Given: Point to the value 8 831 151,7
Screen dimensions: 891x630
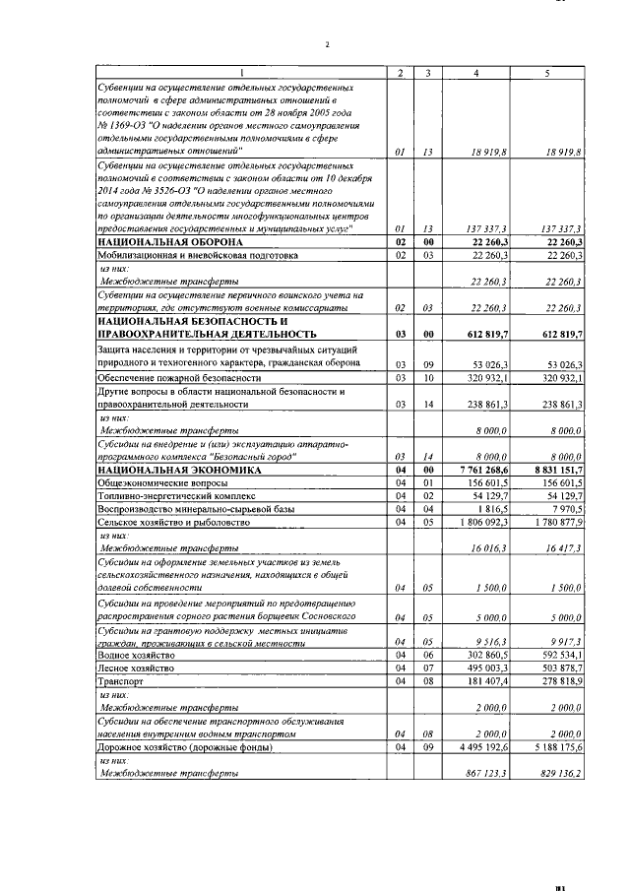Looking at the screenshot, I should click(x=557, y=471).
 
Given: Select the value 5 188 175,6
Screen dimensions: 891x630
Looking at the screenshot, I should click(x=557, y=746).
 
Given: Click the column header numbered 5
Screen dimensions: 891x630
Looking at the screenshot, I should click(x=546, y=74).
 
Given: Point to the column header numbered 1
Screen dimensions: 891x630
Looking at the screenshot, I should click(x=240, y=74).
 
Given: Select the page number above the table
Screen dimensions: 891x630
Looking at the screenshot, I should click(x=328, y=44).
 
